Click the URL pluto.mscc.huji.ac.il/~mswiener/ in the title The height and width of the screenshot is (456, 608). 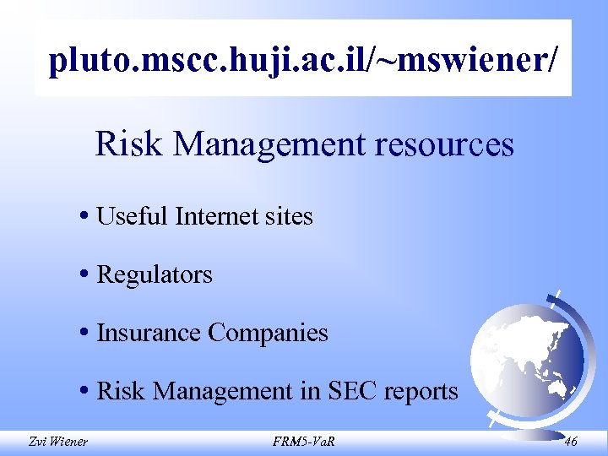pos(303,60)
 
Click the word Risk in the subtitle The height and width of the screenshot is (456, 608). pos(120,144)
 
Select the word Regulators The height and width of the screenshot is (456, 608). pos(155,274)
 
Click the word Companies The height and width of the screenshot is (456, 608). pos(268,333)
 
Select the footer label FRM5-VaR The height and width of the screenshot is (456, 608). pos(303,441)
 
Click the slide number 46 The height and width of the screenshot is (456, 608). pos(571,441)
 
